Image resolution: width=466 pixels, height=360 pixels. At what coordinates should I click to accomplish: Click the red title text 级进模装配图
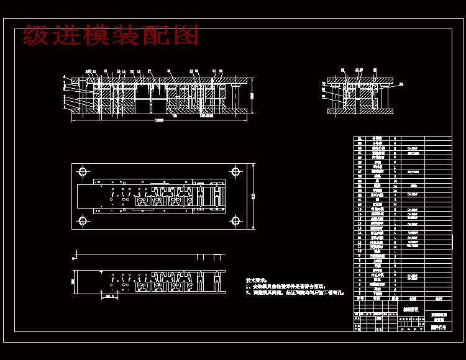[x=111, y=35]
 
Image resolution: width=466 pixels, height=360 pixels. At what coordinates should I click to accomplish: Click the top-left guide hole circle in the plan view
[x=83, y=171]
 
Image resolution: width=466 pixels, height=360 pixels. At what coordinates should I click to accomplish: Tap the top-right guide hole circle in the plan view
[x=235, y=171]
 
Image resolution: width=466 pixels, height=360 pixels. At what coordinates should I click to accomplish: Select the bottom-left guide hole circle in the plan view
[x=83, y=220]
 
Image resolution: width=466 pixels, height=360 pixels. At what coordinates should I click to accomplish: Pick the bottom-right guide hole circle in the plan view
[x=235, y=220]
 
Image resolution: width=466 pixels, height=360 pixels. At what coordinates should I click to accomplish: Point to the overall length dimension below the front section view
[x=159, y=119]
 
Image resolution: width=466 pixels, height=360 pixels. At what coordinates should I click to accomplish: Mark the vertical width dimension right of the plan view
[x=254, y=196]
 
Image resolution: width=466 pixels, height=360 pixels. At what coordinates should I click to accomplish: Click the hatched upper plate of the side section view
[x=360, y=81]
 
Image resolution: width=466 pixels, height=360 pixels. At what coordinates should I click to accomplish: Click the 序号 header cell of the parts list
[x=359, y=298]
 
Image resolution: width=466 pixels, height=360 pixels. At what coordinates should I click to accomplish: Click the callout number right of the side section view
[x=401, y=83]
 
